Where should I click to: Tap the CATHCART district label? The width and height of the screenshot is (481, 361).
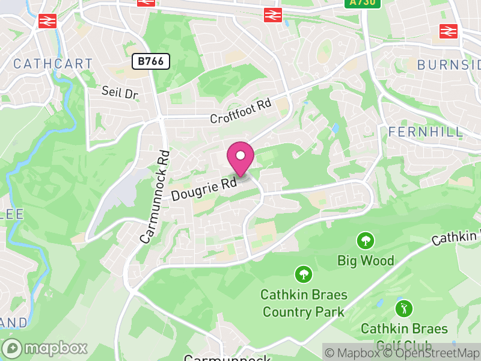pos(53,64)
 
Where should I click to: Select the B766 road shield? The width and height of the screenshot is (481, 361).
pos(152,61)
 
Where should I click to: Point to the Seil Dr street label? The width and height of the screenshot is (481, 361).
pos(120,93)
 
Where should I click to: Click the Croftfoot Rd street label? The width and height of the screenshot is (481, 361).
pos(240,112)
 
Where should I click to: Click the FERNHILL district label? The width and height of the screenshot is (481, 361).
pos(426,132)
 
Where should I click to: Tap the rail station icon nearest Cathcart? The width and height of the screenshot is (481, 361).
pos(46,21)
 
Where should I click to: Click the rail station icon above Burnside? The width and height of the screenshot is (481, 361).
pos(447,30)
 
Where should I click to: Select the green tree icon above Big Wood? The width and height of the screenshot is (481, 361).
pos(364,241)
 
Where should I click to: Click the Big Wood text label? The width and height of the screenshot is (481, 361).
pos(366,261)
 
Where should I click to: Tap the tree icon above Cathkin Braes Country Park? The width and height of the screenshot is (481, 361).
pos(304,275)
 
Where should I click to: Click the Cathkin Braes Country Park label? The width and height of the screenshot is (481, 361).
pos(304,303)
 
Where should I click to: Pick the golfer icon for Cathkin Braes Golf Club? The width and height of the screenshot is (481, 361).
pos(403,309)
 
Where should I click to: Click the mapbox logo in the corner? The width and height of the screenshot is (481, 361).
pos(45,348)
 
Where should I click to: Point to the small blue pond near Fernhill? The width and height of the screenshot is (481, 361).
pos(334,129)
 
